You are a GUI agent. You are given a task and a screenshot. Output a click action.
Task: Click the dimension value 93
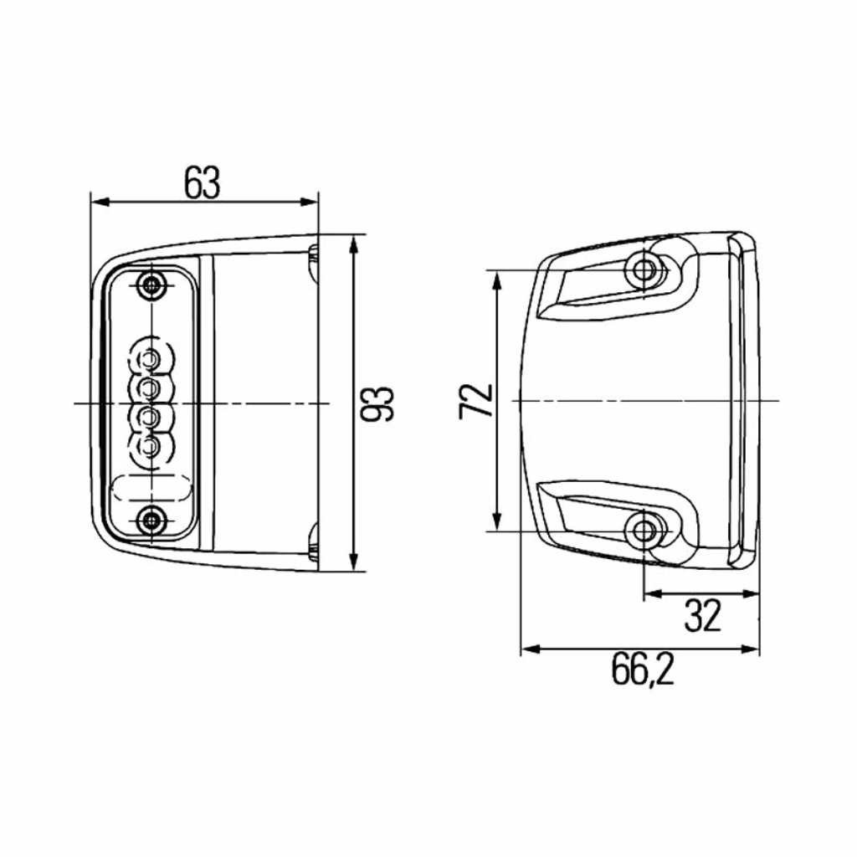click(x=377, y=404)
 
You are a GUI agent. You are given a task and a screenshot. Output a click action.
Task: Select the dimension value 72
click(x=476, y=401)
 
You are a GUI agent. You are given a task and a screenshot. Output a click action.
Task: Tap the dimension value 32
click(x=703, y=615)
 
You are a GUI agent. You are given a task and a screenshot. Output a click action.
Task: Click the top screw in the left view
click(x=151, y=285)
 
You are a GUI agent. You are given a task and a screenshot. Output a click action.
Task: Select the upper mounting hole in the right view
click(x=645, y=269)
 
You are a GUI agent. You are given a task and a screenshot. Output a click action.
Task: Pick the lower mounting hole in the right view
click(x=645, y=529)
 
